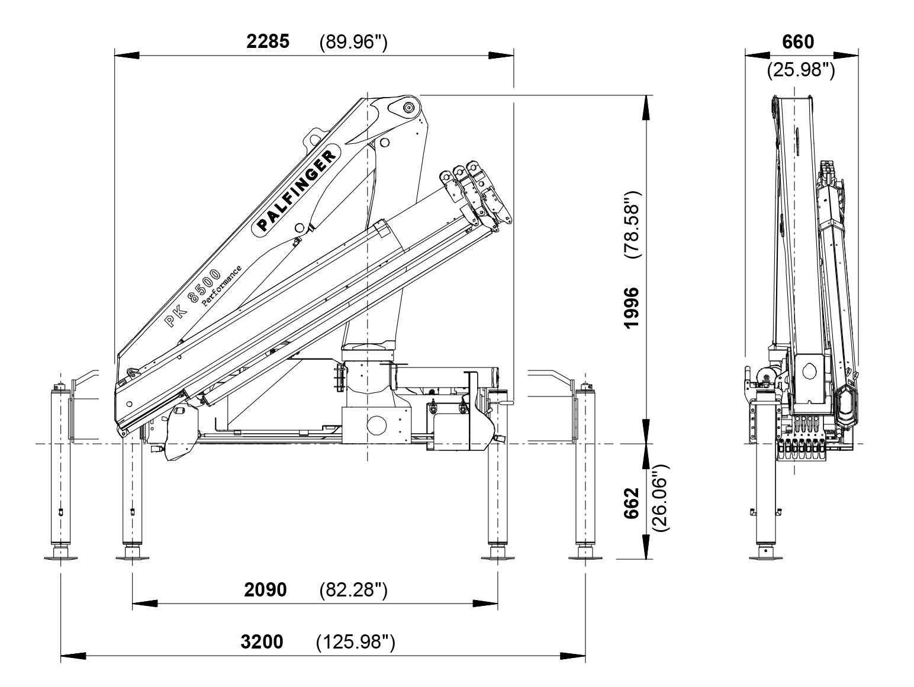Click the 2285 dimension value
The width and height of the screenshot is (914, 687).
(268, 41)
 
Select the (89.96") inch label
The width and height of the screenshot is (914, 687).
(353, 42)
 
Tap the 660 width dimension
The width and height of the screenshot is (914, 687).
(798, 42)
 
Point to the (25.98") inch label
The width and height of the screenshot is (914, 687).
(801, 70)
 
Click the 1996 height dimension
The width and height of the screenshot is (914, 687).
(632, 308)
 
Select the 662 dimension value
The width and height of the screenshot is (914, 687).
(632, 503)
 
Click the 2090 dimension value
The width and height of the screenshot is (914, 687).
(265, 589)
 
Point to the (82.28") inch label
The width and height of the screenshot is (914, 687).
(353, 590)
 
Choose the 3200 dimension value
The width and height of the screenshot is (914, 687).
(262, 641)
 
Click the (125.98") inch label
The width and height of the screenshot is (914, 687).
(356, 642)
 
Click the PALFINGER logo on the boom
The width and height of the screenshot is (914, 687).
(297, 191)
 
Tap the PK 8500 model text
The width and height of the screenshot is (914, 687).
(192, 298)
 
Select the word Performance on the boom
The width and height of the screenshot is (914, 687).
(221, 286)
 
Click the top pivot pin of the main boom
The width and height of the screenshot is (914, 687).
(408, 108)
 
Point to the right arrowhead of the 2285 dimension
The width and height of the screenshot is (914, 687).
(501, 56)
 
